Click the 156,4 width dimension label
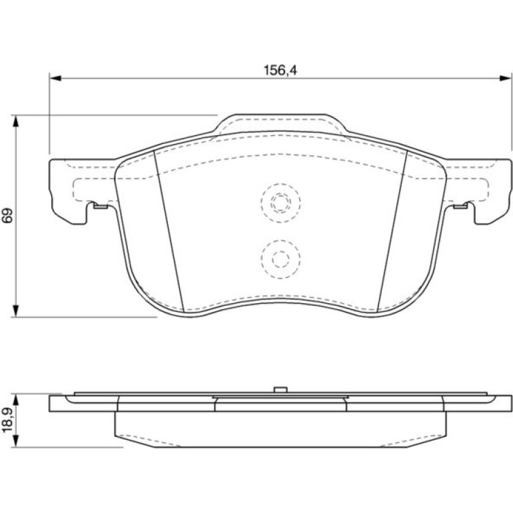pos(280,71)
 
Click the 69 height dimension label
pos(7,215)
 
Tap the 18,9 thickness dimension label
pos(7,420)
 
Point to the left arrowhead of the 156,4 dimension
pos(55,78)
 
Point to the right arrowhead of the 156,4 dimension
pos(505,78)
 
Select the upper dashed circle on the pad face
pos(280,203)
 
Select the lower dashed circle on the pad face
pos(280,259)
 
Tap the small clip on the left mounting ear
pos(101,206)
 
